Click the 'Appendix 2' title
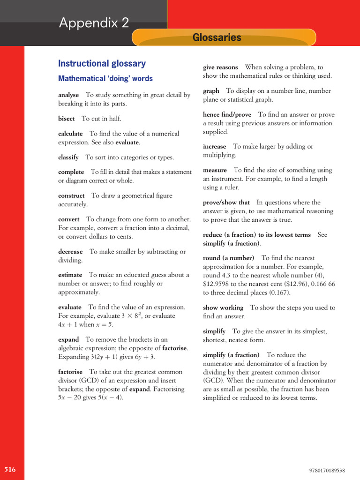pos(94,22)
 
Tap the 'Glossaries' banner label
pos(217,37)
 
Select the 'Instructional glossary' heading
pos(102,63)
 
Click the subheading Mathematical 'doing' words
pos(105,79)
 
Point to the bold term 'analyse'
pos(68,95)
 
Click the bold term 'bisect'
pos(66,119)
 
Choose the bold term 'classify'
pos(68,157)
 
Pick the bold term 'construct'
pos(71,196)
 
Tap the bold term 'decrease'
pos(70,252)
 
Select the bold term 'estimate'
pos(70,275)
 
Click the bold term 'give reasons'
pos(220,67)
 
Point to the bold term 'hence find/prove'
pos(227,115)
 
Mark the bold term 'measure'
pos(215,170)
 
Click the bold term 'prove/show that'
pos(226,202)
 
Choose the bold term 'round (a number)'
pos(228,258)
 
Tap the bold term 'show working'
pos(223,308)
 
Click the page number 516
pos(10,470)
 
